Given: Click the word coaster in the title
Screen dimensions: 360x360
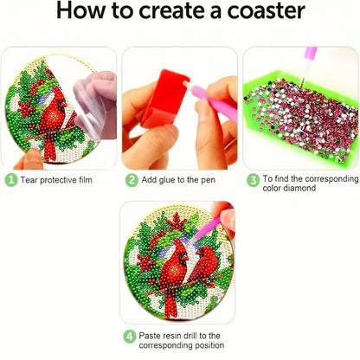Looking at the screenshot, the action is pos(266,11).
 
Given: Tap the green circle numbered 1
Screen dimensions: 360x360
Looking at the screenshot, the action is pos(11,180).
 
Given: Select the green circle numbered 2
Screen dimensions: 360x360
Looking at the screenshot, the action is pos(132,180).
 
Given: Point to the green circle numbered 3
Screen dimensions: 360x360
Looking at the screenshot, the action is pos(253,181).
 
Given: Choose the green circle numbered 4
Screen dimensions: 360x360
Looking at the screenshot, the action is pos(130,337).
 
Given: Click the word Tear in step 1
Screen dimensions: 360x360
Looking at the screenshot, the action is pos(29,180).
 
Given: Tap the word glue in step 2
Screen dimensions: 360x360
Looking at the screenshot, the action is pos(167,180).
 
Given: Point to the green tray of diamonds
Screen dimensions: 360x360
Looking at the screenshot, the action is pos(300,115).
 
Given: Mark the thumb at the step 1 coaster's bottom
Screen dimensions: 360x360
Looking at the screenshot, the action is pos(29,159).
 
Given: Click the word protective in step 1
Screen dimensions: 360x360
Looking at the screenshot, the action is pos(58,180).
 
